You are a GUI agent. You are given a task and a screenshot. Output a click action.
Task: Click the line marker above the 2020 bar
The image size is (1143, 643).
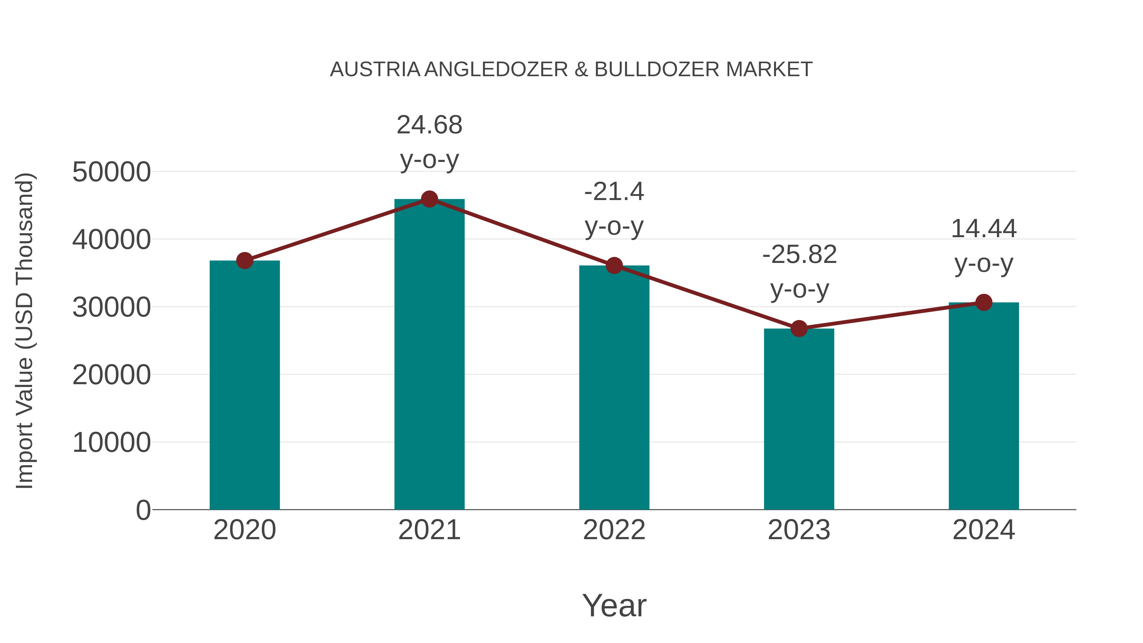(x=244, y=260)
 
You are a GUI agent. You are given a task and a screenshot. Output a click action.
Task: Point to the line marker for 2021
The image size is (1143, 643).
(x=429, y=199)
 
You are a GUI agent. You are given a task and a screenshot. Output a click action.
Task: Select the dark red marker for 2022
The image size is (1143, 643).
(x=614, y=265)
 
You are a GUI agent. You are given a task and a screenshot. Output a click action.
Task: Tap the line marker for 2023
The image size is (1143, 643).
(x=799, y=329)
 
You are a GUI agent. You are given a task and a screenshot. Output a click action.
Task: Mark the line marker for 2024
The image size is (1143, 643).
(x=983, y=303)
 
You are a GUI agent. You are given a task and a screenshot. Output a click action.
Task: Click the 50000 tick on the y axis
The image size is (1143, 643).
(x=111, y=172)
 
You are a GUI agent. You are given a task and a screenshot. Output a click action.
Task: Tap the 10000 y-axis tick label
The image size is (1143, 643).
(x=111, y=442)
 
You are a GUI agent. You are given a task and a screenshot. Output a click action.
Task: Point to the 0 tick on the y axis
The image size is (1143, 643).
(x=143, y=510)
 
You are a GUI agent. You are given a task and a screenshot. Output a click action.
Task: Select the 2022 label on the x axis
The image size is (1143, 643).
(x=614, y=530)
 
